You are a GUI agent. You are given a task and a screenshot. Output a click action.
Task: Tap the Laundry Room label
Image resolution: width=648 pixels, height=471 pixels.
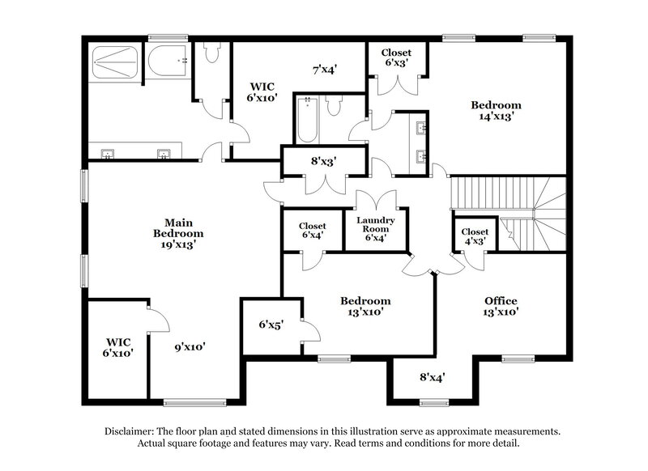(376, 228)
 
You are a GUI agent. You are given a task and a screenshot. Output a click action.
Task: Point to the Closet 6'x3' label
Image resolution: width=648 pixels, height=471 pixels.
(397, 57)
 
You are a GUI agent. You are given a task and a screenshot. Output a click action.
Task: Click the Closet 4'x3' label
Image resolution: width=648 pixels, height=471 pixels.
(475, 236)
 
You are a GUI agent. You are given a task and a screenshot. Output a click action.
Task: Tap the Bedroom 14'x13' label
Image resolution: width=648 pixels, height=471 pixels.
(496, 110)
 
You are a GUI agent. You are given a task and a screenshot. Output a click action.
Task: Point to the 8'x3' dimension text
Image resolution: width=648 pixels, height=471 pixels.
(324, 161)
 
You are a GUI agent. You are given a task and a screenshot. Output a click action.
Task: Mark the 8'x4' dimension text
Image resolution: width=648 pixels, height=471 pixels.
(432, 376)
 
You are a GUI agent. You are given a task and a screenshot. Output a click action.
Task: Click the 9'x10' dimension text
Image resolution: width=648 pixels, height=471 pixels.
(190, 347)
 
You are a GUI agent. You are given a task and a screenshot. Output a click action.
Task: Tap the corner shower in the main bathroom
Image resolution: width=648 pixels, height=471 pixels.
(113, 62)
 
